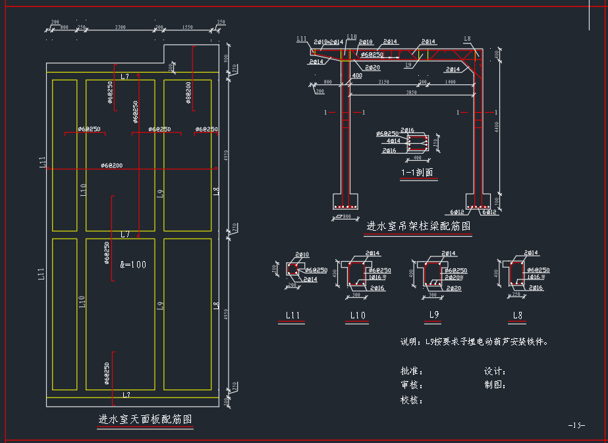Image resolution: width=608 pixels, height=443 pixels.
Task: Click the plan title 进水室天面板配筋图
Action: tap(145, 419)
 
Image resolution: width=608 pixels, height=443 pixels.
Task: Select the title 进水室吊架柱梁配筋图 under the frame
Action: tap(418, 226)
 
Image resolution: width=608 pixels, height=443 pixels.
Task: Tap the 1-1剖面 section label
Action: tap(417, 173)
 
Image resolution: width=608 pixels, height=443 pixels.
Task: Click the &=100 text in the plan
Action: tap(133, 265)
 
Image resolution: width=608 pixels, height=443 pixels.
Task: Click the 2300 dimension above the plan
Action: tap(120, 27)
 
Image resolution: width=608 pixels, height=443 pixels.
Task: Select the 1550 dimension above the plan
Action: tap(187, 27)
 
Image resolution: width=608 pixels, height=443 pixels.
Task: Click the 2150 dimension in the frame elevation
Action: tap(383, 82)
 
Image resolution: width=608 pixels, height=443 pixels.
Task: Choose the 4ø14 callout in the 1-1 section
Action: tap(392, 141)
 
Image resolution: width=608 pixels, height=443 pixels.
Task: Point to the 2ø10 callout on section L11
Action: tap(302, 254)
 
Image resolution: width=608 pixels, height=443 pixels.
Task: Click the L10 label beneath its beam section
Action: tap(358, 315)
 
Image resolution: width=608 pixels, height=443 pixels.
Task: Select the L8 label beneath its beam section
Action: tap(518, 315)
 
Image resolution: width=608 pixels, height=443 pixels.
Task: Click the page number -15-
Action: tap(576, 425)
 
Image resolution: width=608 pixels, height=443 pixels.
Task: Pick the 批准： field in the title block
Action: tap(412, 372)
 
